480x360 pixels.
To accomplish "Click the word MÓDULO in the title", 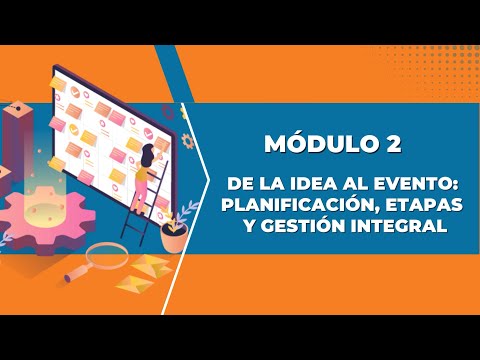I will (319, 144).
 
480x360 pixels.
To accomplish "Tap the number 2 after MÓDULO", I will (393, 144).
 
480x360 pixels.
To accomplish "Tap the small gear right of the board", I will (188, 140).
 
